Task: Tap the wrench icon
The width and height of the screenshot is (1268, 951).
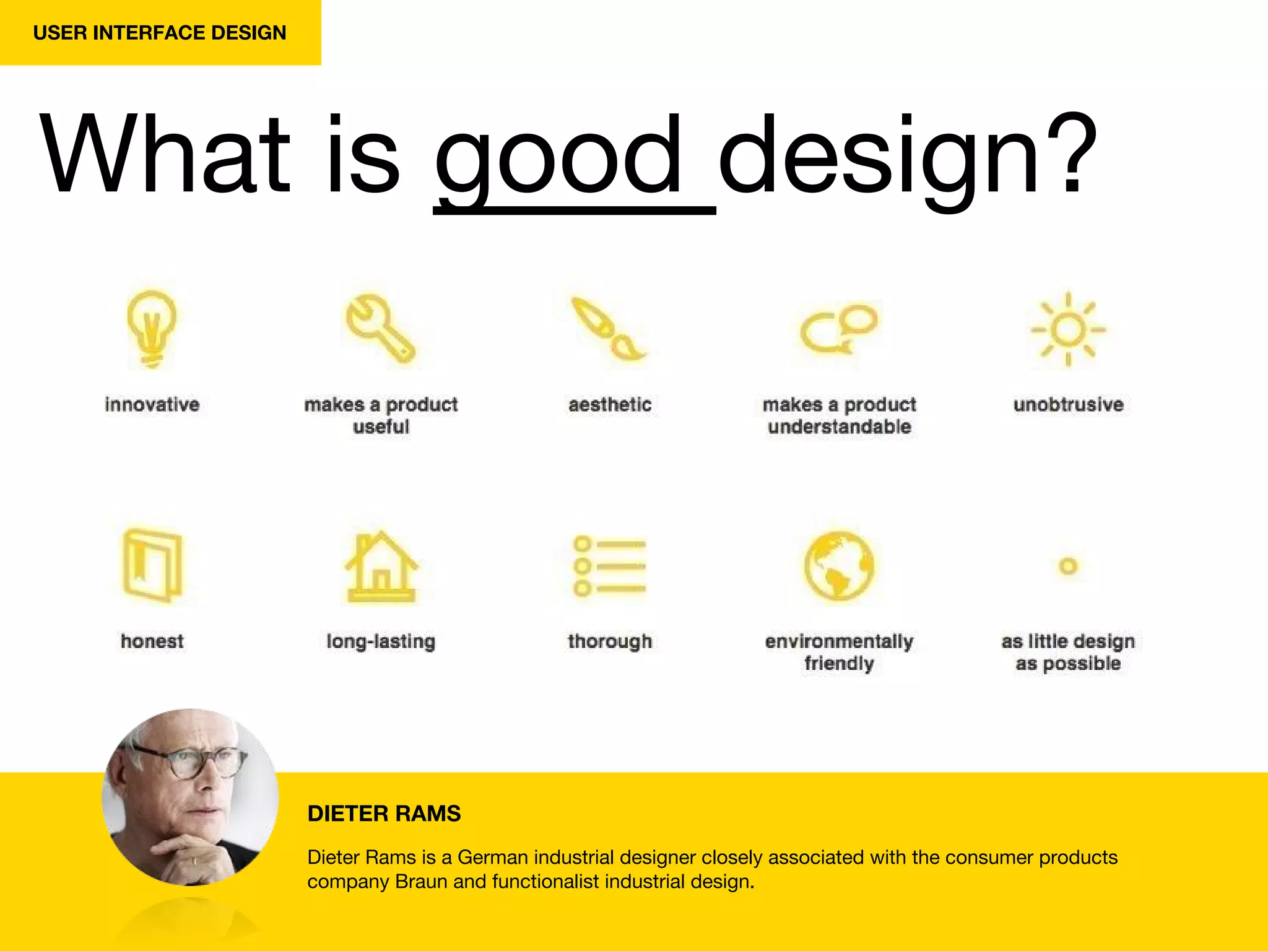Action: [x=379, y=328]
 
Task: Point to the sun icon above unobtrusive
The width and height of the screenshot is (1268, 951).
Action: [x=1068, y=329]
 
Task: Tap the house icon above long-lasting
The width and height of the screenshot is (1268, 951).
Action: [x=381, y=567]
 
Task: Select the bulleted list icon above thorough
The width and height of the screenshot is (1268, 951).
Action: [x=609, y=566]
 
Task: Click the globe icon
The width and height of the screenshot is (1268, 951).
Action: [x=839, y=565]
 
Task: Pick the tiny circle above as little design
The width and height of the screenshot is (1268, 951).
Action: [x=1068, y=566]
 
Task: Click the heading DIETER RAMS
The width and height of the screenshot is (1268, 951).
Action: [x=384, y=814]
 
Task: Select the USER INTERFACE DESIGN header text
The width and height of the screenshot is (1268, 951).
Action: [x=160, y=32]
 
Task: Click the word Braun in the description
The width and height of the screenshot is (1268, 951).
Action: [x=421, y=882]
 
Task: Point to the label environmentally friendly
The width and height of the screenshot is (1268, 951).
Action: [x=839, y=652]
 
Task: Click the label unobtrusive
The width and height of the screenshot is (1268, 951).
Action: [x=1068, y=404]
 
